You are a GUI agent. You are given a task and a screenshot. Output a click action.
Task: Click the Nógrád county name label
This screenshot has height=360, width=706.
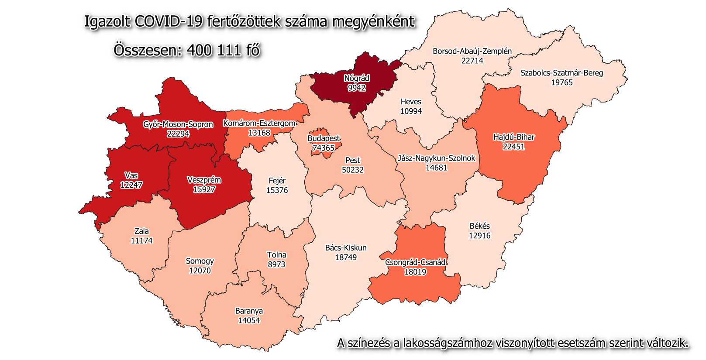357,79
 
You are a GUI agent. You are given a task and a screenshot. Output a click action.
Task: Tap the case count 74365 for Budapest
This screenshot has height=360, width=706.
323,148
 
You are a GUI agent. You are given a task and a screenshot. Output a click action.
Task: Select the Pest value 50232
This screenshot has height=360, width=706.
352,170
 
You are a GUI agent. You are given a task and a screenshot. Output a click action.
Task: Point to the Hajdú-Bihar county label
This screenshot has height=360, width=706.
513,137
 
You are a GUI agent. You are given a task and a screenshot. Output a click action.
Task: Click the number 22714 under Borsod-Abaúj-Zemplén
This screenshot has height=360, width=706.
472,61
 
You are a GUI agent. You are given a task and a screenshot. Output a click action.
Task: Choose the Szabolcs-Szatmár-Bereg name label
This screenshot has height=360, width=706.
561,73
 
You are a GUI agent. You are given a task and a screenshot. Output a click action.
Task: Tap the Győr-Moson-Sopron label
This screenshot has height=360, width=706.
178,124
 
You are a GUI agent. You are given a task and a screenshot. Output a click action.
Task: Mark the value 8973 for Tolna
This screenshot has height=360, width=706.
276,264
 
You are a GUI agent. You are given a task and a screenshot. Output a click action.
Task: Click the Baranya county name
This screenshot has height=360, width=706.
249,311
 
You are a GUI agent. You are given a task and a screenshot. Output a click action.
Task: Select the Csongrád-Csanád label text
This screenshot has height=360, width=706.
415,262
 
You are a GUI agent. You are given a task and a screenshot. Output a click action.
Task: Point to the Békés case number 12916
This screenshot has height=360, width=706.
479,236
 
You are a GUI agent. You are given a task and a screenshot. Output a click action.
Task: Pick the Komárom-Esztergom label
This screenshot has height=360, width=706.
259,123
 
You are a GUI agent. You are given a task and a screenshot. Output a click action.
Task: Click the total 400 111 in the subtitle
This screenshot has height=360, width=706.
214,50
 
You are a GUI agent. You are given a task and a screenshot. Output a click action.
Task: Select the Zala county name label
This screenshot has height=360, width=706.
141,231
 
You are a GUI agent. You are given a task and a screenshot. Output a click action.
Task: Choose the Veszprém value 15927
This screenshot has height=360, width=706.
204,189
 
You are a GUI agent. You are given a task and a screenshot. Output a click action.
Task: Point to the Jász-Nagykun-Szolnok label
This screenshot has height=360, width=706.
436,158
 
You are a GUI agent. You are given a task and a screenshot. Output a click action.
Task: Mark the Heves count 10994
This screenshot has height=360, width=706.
411,111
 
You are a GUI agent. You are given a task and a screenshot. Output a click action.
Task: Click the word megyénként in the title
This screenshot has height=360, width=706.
373,21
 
